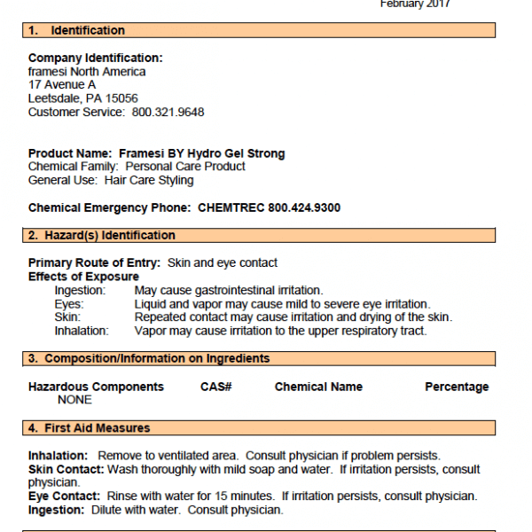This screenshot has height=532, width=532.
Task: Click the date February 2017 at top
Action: tap(415, 4)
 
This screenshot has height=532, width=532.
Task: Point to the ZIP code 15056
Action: tap(121, 98)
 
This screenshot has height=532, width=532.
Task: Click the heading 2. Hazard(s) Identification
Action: tap(102, 236)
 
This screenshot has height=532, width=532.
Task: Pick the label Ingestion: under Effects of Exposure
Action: tap(80, 290)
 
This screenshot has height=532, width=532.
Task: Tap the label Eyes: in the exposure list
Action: tap(69, 303)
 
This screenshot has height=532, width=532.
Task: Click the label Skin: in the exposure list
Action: tap(67, 317)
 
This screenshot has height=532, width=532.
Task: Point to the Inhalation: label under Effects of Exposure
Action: tap(82, 331)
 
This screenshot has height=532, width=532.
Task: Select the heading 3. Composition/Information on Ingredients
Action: tap(149, 359)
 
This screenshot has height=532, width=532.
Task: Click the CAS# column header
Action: tap(216, 387)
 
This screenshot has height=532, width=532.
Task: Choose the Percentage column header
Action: tap(457, 387)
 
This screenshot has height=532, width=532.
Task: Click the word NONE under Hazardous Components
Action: tap(74, 400)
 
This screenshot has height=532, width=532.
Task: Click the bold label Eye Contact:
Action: tap(64, 496)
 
